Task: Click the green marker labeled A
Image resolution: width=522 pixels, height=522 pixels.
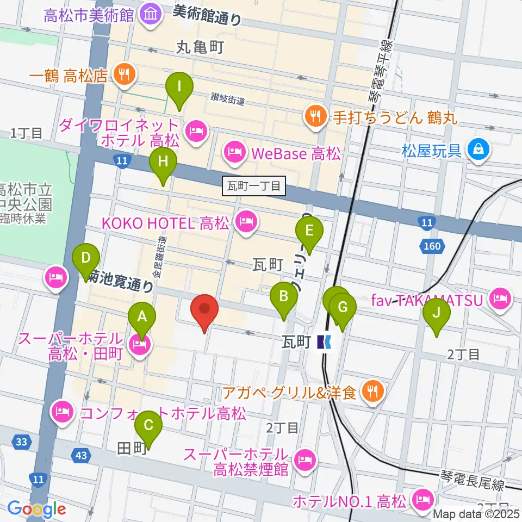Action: [x=142, y=318]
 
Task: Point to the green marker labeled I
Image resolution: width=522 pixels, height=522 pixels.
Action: [x=179, y=88]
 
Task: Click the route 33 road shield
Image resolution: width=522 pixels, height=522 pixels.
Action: [x=21, y=442]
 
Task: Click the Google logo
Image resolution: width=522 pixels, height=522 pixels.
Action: [x=36, y=509]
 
